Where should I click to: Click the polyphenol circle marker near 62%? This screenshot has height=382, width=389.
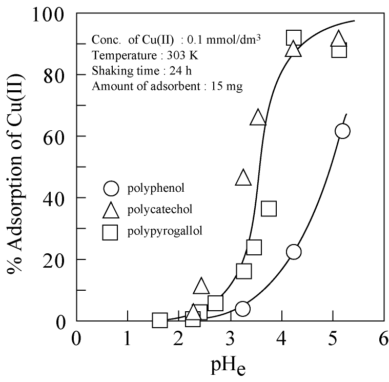tap(343, 131)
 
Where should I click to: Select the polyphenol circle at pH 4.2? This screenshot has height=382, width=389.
tap(294, 252)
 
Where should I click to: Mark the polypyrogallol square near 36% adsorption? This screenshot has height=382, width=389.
tap(269, 209)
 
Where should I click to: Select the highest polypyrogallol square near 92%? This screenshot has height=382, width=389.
tap(293, 38)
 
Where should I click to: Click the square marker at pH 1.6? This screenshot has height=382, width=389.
tap(160, 320)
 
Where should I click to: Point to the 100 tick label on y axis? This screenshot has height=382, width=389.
tap(51, 14)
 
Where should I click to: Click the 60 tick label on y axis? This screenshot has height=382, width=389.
tap(57, 136)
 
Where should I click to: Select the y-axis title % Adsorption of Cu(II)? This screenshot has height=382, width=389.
tap(15, 167)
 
